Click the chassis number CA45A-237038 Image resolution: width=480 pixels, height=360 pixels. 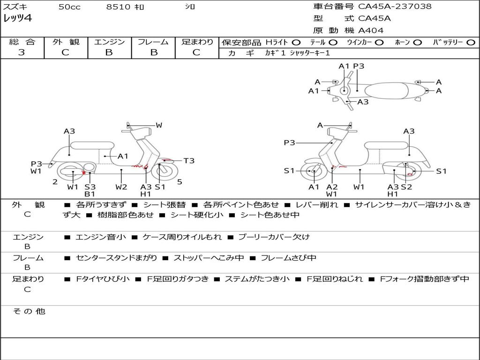[395, 7]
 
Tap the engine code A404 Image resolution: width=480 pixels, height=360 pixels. [371, 30]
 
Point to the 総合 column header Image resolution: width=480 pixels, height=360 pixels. [22, 42]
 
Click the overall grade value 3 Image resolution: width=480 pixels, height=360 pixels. [22, 52]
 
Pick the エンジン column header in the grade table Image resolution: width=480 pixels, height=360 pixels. [109, 42]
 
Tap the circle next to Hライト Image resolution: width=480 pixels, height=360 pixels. [297, 42]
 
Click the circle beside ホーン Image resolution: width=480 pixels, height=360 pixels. [418, 42]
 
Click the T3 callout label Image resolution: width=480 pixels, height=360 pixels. [188, 161]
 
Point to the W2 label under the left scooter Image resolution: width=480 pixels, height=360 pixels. [121, 187]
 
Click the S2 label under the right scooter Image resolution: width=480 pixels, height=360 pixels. [406, 187]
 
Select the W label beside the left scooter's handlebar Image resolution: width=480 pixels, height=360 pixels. [159, 125]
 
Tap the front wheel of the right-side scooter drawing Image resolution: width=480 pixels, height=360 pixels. [313, 172]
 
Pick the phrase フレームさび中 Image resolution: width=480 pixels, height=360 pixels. [288, 258]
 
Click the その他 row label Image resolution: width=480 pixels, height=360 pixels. [29, 311]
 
